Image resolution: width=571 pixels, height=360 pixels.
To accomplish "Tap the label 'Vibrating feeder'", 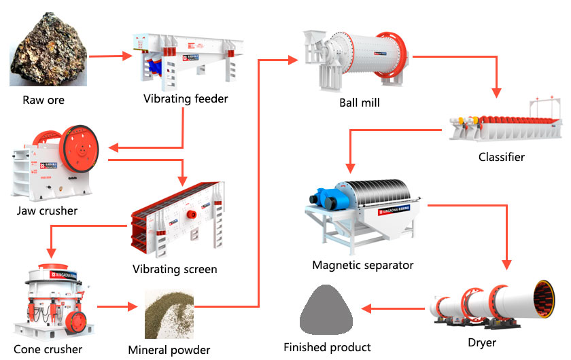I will (186, 99).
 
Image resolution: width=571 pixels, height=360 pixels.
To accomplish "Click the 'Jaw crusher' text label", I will (48, 211).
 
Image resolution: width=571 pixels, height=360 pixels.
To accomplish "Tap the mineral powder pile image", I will (169, 314).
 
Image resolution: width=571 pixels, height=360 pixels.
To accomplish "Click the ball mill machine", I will (356, 58).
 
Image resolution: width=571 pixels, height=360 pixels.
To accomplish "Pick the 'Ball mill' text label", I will (360, 103).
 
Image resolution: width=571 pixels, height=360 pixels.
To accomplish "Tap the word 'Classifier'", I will (502, 158).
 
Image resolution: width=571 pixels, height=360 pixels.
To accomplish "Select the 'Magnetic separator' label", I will (363, 265).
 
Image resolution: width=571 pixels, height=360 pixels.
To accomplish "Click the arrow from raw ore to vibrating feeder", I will (109, 56).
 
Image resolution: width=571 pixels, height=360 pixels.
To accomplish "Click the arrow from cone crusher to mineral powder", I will (118, 307).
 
